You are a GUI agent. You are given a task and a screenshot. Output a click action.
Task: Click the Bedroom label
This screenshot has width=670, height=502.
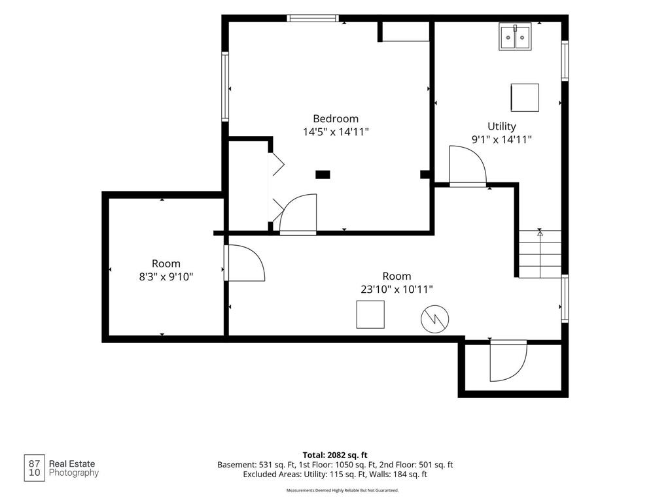coord(336,119)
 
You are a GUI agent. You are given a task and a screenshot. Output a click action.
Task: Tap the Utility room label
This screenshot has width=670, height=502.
coord(502,126)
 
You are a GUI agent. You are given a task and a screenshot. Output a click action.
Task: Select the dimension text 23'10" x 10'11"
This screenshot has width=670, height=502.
coord(397,290)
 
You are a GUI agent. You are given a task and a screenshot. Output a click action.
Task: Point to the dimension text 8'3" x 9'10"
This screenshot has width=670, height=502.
coord(166,277)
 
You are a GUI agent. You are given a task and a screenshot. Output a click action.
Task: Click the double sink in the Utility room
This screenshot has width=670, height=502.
coord(515,37)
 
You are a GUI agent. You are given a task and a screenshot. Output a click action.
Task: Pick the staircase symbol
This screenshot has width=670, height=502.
coord(540,254)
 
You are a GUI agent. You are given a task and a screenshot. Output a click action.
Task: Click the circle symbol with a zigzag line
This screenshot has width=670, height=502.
coord(435,319)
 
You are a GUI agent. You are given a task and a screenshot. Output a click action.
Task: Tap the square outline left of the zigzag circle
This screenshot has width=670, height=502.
coord(370,314)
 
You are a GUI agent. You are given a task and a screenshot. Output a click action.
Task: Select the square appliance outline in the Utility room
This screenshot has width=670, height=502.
coord(525,98)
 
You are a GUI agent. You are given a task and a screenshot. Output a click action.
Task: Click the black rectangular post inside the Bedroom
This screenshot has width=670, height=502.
coord(323,174)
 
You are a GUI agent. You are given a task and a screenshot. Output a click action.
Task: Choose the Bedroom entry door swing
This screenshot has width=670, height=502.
coord(298,214)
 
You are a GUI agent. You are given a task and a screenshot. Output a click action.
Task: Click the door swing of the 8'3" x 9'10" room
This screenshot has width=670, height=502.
coord(244,263)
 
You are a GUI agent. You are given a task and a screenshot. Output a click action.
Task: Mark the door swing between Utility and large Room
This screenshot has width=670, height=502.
coord(468,166)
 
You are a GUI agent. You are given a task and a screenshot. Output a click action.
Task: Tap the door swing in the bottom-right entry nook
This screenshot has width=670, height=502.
coord(508,361)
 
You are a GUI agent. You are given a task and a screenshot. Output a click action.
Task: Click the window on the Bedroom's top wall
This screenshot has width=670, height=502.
coord(313,18)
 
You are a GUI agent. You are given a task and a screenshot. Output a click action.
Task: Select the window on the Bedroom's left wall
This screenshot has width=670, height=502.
coord(225,87)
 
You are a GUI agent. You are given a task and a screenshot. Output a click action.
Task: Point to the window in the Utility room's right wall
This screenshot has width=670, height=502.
coord(565,61)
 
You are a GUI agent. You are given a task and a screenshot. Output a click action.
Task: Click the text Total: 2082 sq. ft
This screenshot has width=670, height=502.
coord(335,455)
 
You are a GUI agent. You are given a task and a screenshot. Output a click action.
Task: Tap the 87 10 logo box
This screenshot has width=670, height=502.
coord(34,468)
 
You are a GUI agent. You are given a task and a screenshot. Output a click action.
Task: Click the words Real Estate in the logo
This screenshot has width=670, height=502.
coord(72,463)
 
